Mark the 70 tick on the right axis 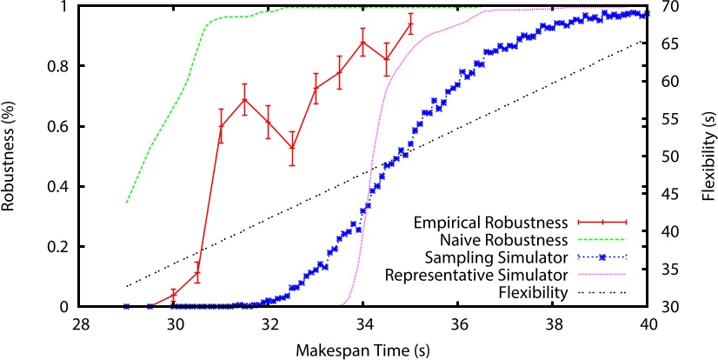[669, 6]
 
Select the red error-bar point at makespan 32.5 [293, 148]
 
